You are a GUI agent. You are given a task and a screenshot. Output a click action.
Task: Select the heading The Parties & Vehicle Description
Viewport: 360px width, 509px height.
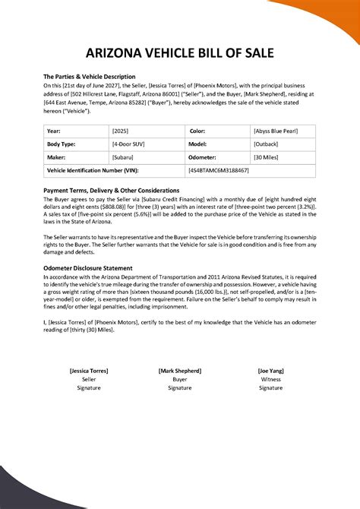tap(89, 77)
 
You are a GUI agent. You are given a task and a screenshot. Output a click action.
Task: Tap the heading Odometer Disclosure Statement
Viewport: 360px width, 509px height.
tap(88, 267)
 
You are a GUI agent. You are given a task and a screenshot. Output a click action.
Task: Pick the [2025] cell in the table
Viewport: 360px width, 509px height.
tap(120, 131)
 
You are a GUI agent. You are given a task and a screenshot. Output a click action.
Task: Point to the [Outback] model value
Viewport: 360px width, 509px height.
tap(267, 144)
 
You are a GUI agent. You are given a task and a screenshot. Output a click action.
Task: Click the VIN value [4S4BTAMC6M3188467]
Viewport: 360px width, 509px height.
tap(219, 171)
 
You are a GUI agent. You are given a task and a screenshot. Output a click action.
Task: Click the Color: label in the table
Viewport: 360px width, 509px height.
tap(197, 131)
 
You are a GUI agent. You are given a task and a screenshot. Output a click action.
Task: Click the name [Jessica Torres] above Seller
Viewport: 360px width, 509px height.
tap(89, 370)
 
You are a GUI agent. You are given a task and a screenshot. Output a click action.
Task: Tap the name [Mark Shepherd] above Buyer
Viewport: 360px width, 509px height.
tap(180, 370)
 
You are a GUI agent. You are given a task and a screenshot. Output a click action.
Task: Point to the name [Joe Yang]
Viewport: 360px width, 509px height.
tap(270, 370)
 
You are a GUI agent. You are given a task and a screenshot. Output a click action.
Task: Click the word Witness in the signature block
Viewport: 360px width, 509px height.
tap(270, 378)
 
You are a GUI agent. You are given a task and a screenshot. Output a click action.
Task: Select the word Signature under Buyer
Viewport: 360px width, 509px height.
tap(180, 387)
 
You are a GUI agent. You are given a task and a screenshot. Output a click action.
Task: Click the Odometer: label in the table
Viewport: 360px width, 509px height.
tap(204, 157)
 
